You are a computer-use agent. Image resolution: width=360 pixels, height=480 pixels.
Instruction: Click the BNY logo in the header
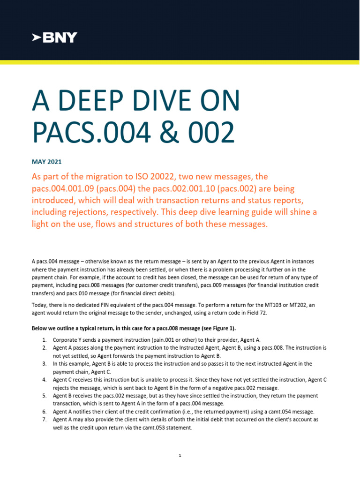pyautogui.click(x=54, y=38)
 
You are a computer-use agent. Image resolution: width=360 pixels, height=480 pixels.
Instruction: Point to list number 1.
pyautogui.click(x=44, y=339)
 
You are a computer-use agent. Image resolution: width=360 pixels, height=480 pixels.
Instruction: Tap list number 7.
pyautogui.click(x=44, y=420)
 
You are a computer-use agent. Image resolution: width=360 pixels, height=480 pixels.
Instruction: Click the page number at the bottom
pyautogui.click(x=180, y=455)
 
